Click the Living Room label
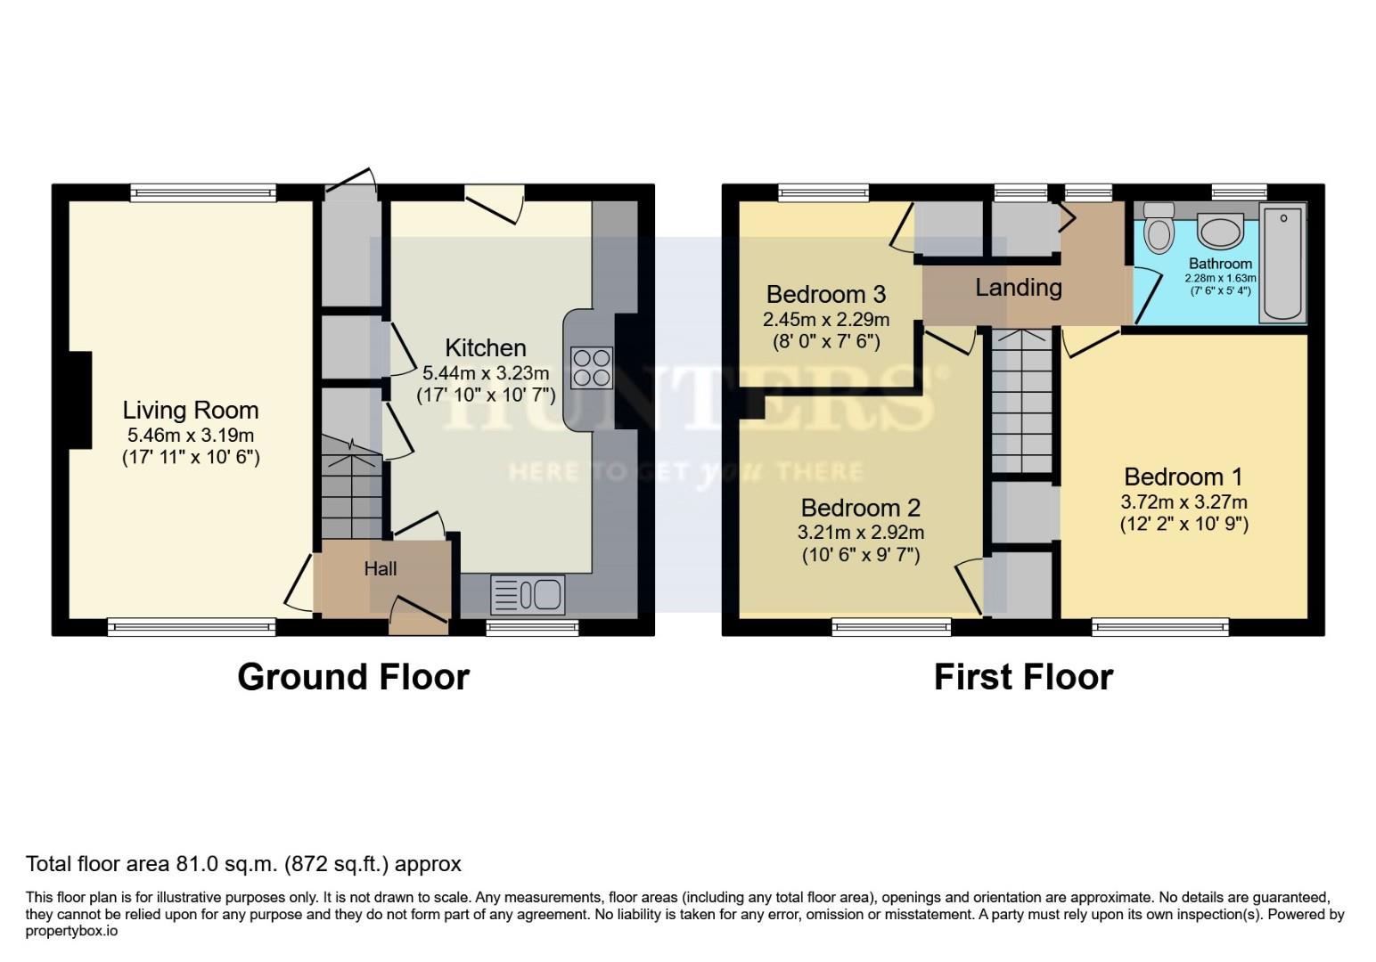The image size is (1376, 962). (191, 410)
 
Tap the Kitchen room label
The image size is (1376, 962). (486, 347)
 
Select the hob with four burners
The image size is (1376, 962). (592, 367)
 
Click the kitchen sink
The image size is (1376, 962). (528, 594)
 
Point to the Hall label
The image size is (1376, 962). (381, 568)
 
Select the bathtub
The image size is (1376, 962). (1282, 263)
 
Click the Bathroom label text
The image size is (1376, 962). (1220, 264)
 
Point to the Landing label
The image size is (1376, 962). (1018, 288)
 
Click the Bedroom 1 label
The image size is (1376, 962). (1184, 477)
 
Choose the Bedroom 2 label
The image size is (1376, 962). (860, 508)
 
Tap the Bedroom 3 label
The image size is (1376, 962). (826, 294)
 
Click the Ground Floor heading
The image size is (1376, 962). (353, 677)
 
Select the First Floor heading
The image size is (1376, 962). (1023, 677)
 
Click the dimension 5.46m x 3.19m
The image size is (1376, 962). (191, 436)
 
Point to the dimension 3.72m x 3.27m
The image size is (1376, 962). (1184, 501)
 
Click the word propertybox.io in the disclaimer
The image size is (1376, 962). (71, 931)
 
